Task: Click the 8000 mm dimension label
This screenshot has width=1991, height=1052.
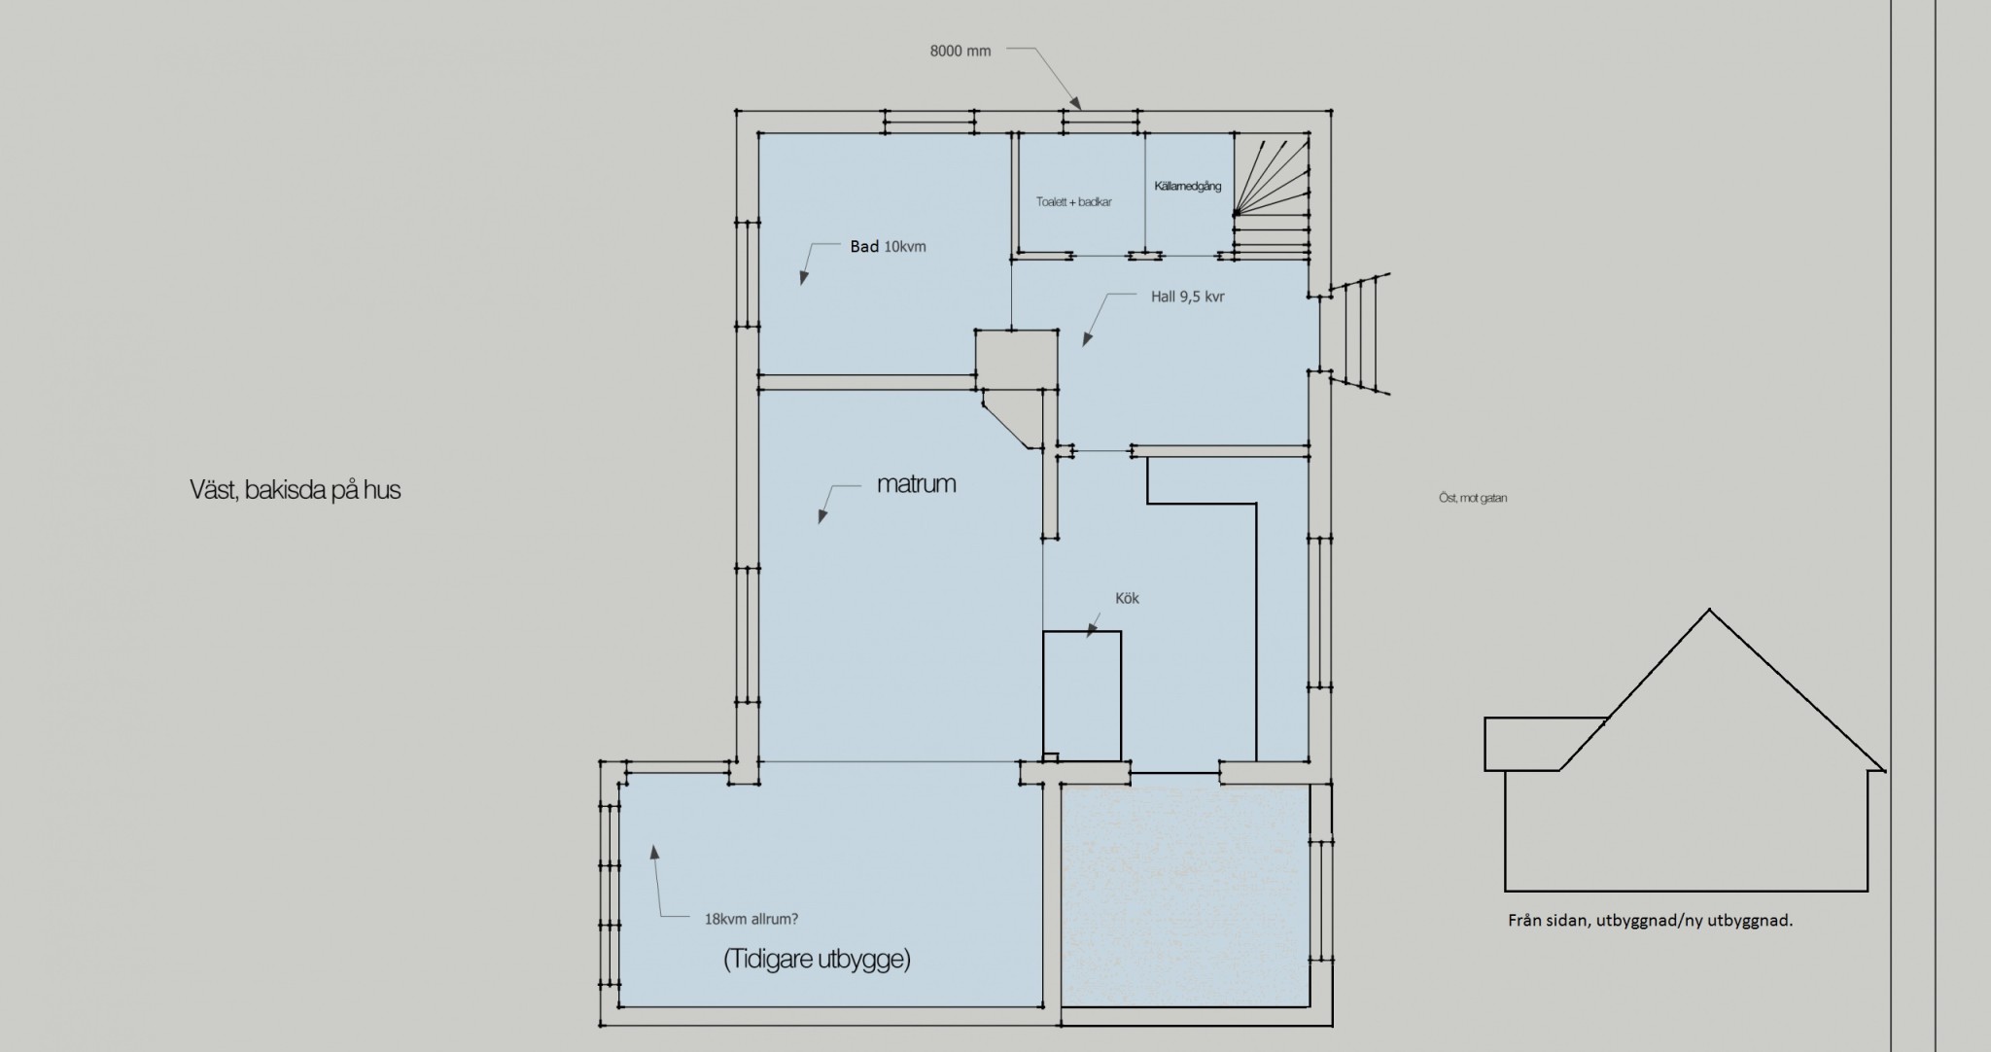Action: point(961,52)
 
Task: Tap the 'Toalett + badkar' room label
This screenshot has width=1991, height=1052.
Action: point(1074,202)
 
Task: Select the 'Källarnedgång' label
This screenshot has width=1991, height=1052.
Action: point(1188,186)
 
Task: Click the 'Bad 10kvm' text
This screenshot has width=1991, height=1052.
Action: point(888,247)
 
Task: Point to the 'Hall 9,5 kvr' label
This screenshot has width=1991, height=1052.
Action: point(1187,297)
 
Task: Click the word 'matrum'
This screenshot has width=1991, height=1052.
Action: point(916,483)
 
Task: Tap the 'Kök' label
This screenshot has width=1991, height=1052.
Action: point(1128,598)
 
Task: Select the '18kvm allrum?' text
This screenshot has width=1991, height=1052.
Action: point(751,918)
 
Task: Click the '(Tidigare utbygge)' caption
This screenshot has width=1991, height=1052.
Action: point(817,960)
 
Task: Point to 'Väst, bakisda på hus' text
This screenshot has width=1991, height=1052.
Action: point(296,490)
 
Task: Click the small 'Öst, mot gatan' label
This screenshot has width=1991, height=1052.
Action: point(1473,498)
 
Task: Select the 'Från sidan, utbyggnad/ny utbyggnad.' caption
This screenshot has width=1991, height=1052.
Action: point(1651,921)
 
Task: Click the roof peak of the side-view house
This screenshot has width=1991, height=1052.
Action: point(1709,610)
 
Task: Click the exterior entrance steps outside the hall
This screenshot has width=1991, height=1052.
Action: point(1355,333)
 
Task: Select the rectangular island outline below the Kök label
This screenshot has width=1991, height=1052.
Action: point(1082,632)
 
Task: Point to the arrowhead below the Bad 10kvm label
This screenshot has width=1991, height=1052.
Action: point(803,278)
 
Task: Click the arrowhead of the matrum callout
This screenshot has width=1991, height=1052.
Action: point(821,517)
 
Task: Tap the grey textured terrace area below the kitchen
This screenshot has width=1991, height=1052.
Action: point(1185,896)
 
